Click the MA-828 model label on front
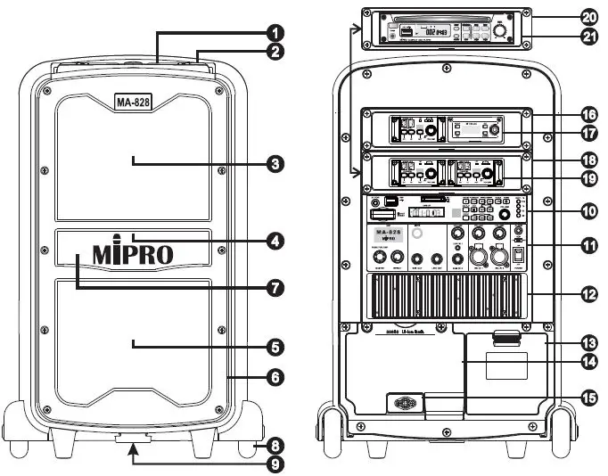pyautogui.click(x=133, y=103)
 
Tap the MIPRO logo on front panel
pyautogui.click(x=134, y=252)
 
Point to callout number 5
pyautogui.click(x=278, y=345)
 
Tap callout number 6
pyautogui.click(x=278, y=378)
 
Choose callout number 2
pyautogui.click(x=278, y=51)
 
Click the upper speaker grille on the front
pyautogui.click(x=134, y=160)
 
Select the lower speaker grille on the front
pyautogui.click(x=134, y=343)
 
